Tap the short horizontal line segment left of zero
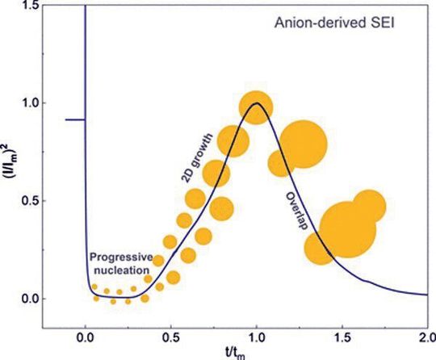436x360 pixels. coord(75,119)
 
